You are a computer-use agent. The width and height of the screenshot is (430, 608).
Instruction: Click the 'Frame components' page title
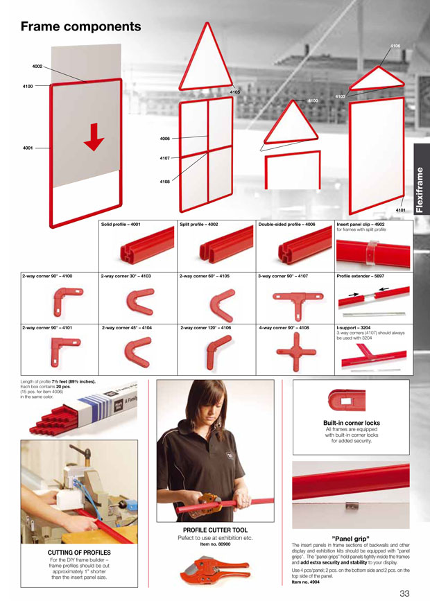[x=80, y=27]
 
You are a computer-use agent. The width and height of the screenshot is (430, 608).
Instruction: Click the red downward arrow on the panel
[x=94, y=142]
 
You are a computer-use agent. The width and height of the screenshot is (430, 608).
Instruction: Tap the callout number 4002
[x=37, y=66]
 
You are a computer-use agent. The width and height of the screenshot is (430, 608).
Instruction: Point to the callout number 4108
[x=164, y=182]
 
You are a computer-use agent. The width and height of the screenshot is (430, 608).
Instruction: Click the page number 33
[x=405, y=593]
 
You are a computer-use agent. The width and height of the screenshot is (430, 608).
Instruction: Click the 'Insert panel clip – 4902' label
[x=361, y=225]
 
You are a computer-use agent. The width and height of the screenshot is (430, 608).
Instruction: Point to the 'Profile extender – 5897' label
[x=361, y=277]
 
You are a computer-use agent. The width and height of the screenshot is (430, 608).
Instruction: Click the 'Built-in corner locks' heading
[x=352, y=423]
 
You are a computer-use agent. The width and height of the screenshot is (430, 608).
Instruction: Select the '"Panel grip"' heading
[x=351, y=538]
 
